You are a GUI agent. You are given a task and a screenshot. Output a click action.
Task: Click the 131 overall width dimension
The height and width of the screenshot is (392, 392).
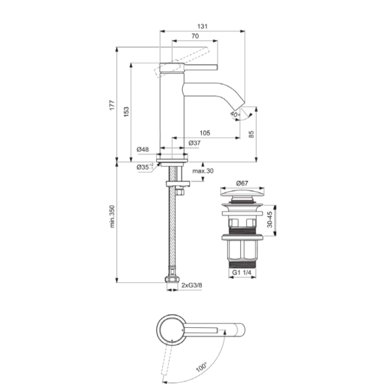(203, 26)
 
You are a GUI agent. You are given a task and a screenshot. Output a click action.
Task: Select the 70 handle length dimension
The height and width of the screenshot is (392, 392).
(195, 36)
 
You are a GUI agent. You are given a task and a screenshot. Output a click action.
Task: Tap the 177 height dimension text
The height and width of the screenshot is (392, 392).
(112, 105)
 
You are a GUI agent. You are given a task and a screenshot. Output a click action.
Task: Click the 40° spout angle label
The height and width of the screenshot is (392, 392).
(235, 114)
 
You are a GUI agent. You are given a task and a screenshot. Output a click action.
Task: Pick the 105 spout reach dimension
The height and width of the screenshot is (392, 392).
(204, 133)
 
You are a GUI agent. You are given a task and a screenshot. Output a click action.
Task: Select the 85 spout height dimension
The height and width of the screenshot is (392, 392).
(252, 134)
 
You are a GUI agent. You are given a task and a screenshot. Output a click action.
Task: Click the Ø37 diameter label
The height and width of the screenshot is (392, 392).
(195, 143)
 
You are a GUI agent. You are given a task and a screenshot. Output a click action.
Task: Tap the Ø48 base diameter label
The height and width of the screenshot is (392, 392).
(142, 150)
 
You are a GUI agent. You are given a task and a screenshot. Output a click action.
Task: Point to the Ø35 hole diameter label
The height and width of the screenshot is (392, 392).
(145, 167)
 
